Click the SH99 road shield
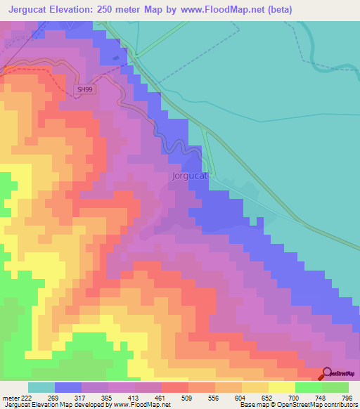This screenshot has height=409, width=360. [x=84, y=90]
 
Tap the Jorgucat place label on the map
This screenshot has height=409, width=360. [x=188, y=176]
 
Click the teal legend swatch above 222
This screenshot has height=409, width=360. [x=41, y=387]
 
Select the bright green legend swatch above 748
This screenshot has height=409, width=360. [x=309, y=387]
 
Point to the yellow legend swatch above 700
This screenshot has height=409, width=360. [x=282, y=387]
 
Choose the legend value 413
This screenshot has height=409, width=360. [x=134, y=398]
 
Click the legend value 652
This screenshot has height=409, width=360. [x=269, y=398]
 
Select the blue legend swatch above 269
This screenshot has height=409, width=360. [x=67, y=387]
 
